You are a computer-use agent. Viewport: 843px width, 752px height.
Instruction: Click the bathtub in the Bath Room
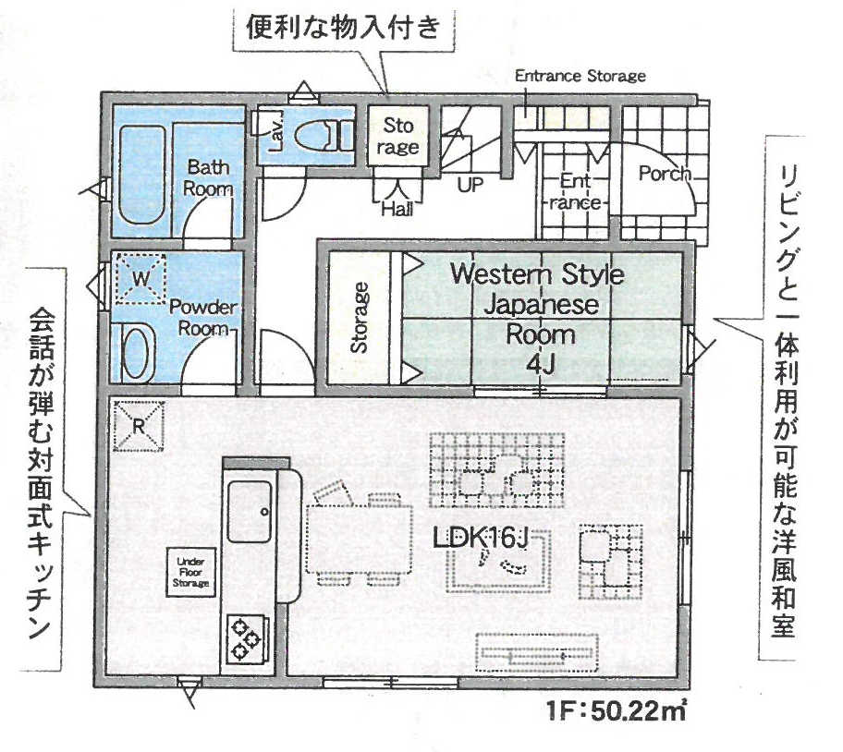click(x=140, y=176)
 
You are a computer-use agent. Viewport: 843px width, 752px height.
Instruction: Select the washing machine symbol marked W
click(x=140, y=278)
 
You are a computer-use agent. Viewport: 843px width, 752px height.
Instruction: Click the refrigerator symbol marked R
click(x=139, y=426)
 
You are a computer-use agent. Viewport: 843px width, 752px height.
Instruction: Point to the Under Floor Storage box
click(x=190, y=572)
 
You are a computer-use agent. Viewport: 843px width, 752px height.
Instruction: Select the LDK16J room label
click(x=481, y=539)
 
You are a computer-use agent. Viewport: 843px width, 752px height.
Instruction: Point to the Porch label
click(x=665, y=174)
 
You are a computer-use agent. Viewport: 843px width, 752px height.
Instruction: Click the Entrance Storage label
click(x=580, y=76)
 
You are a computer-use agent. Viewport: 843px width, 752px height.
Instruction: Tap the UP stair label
click(x=470, y=186)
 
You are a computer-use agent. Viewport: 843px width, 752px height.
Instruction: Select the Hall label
click(x=397, y=209)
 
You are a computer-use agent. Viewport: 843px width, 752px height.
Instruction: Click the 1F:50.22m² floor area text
click(x=617, y=712)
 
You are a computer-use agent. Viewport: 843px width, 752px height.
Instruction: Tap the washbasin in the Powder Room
click(x=137, y=353)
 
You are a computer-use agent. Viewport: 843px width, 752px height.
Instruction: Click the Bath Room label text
click(x=208, y=177)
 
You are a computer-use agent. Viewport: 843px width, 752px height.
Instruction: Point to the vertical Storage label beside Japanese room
click(x=360, y=318)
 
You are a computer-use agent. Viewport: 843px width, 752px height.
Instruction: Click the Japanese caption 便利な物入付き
click(x=344, y=27)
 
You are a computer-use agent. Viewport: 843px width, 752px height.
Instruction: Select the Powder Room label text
click(x=203, y=317)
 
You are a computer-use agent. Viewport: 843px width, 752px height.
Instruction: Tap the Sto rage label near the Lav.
click(x=397, y=137)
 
